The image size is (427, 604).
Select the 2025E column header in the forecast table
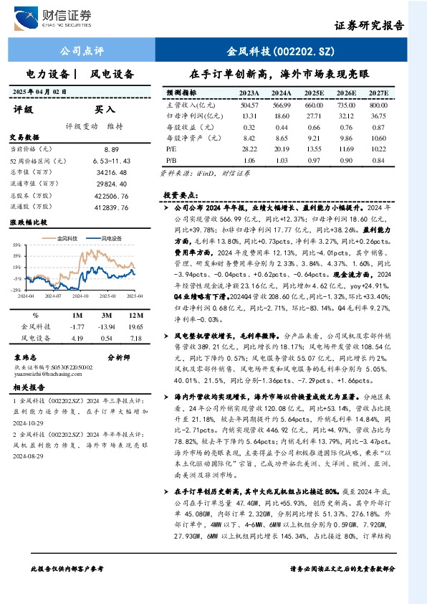(x=313, y=93)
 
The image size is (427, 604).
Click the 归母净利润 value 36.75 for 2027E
(x=378, y=115)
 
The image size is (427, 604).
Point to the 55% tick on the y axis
(x=16, y=245)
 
